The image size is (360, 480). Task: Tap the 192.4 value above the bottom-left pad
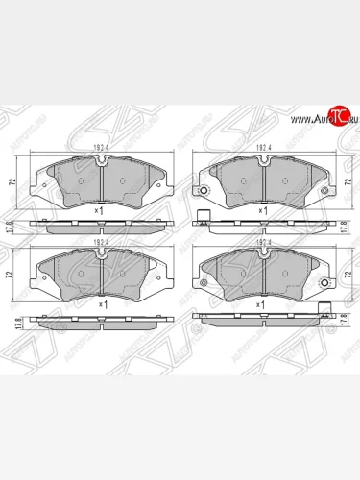tap(101, 242)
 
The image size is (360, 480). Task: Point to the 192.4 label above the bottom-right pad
tap(261, 242)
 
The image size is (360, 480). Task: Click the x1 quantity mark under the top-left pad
tap(101, 209)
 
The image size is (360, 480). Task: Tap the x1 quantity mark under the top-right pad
tap(262, 209)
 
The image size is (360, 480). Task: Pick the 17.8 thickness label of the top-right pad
tap(345, 226)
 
